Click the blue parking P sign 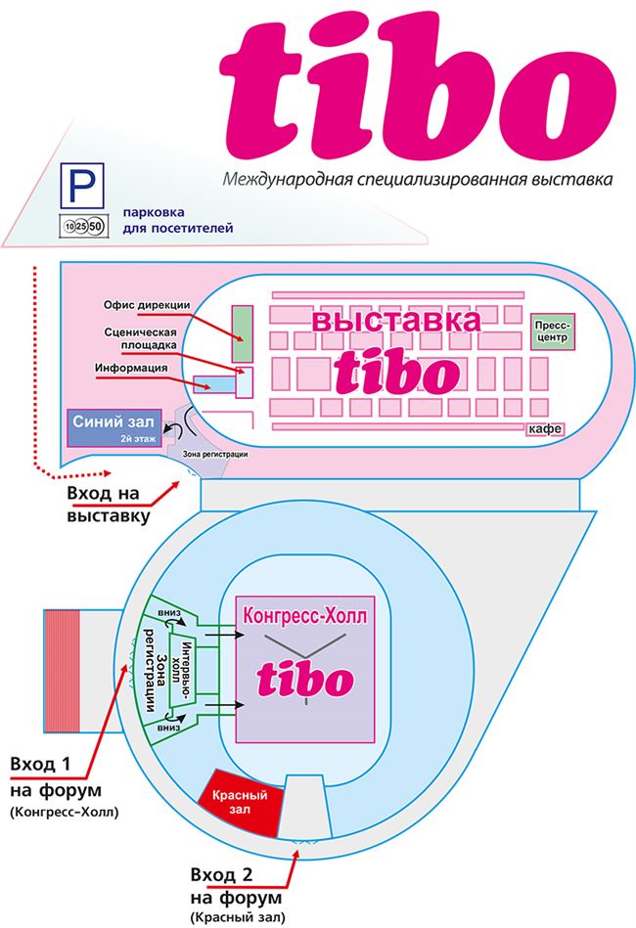[x=82, y=185]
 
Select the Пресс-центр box [x=552, y=332]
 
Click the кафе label [x=545, y=429]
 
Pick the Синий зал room [x=114, y=427]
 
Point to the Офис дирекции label [x=147, y=305]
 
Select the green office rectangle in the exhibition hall [x=243, y=333]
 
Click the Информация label [x=131, y=368]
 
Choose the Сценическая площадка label [x=140, y=338]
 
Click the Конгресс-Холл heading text [x=305, y=615]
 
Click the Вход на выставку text [x=109, y=504]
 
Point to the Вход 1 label [x=40, y=764]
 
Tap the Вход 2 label [x=221, y=875]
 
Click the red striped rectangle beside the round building [x=62, y=671]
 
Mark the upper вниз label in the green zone [x=169, y=613]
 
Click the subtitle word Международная [x=288, y=179]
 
